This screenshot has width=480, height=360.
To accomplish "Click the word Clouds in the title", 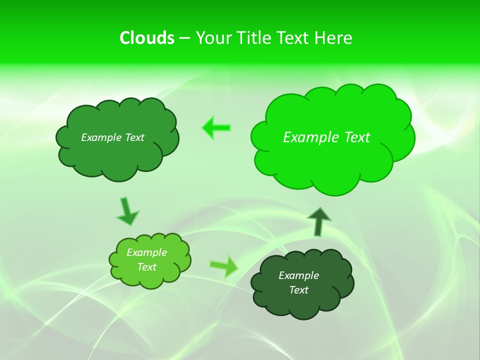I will (147, 38).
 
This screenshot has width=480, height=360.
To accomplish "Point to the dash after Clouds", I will (184, 38).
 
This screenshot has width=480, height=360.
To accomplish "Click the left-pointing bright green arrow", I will (216, 127).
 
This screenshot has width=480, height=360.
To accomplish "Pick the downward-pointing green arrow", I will (127, 211).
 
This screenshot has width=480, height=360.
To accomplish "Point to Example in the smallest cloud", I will (146, 252).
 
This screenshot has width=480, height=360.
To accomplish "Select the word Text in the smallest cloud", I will (146, 267).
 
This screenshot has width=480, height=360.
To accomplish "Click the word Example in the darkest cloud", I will (298, 275).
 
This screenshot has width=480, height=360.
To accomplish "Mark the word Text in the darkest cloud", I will (298, 290).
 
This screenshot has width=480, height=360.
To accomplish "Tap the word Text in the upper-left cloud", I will (133, 137).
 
